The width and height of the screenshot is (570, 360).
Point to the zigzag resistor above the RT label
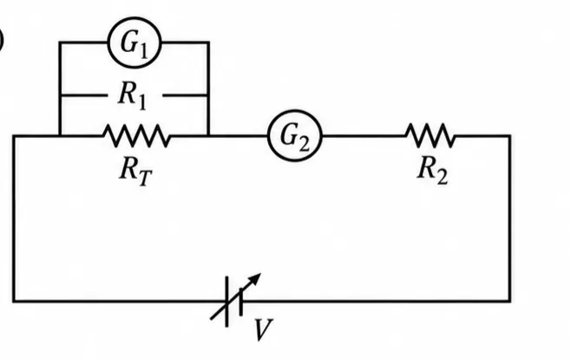tap(137, 135)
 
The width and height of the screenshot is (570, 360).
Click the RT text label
tap(135, 173)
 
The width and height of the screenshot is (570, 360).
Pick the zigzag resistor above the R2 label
tap(429, 135)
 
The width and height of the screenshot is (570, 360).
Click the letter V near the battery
tap(263, 330)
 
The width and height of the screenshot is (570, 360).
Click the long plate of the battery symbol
tap(226, 302)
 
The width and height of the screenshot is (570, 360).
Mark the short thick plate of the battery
tap(240, 302)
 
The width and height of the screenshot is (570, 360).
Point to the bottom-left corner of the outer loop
tap(14, 301)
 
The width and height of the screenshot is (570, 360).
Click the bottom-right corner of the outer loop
tap(509, 301)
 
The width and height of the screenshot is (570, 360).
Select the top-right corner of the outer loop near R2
tap(509, 136)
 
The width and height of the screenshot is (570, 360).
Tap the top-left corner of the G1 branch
tap(60, 43)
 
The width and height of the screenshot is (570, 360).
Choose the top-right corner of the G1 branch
tap(208, 43)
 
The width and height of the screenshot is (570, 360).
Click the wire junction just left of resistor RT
tap(60, 136)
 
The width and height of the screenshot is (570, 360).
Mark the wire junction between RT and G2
tap(208, 136)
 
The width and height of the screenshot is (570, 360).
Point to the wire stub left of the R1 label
tap(84, 95)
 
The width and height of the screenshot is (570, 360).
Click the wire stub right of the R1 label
tap(186, 95)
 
